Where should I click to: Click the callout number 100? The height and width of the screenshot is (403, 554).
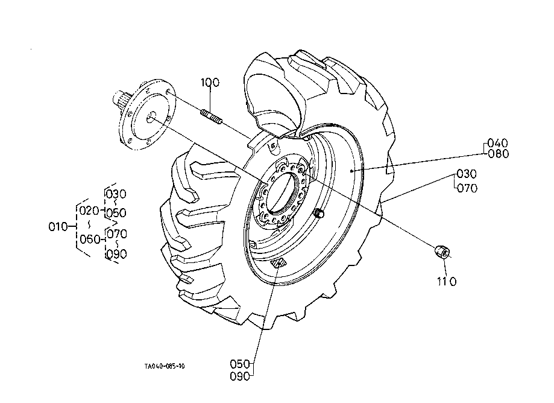click(210, 83)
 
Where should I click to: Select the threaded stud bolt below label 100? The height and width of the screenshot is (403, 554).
click(212, 117)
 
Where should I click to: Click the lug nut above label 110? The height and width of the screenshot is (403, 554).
click(442, 252)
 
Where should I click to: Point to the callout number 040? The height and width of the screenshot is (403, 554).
click(497, 143)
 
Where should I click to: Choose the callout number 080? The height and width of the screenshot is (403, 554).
click(498, 154)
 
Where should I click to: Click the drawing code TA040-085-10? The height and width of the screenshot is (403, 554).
click(165, 366)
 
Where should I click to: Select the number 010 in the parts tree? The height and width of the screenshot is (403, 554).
click(58, 227)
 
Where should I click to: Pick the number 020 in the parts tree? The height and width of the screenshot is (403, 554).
click(89, 211)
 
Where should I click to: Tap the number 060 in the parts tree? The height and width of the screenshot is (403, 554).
click(90, 240)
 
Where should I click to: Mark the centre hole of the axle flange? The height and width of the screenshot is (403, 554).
click(151, 117)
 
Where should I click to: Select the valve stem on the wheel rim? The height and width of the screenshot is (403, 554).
click(319, 213)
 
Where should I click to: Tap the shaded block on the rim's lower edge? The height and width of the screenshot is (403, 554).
click(279, 264)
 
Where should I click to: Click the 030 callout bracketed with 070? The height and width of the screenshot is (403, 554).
click(467, 174)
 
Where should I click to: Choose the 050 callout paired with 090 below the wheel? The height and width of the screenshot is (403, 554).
click(240, 364)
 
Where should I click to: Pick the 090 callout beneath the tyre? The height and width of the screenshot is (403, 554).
click(240, 376)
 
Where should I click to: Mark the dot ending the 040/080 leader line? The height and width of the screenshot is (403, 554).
click(351, 171)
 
